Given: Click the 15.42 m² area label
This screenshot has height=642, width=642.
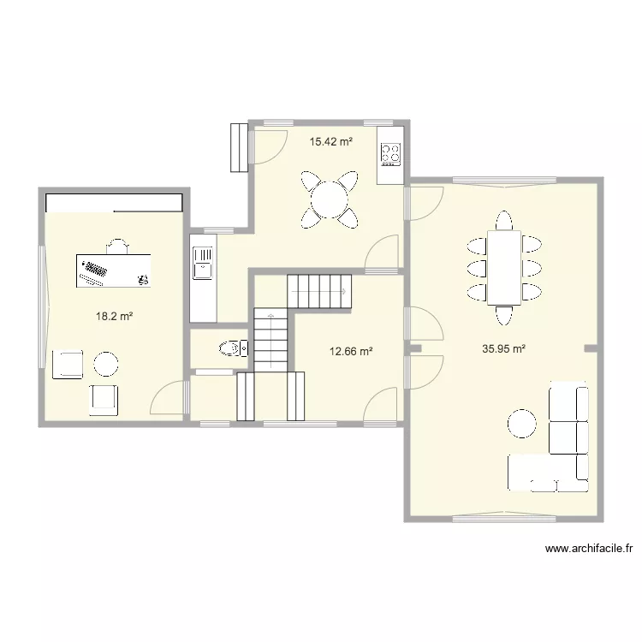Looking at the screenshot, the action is click(331, 141).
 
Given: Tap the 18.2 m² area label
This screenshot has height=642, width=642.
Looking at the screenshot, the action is click(114, 316).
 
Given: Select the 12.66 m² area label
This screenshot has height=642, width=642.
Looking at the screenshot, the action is click(351, 351).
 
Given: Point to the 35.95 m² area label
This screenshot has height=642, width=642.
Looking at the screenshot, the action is click(503, 349).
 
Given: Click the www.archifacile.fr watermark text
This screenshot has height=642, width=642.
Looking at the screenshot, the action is click(589, 549).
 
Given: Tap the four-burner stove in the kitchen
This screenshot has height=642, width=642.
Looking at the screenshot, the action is click(390, 154).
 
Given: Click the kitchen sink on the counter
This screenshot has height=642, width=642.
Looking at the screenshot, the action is click(203, 263).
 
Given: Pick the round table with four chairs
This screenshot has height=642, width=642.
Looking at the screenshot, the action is click(330, 199).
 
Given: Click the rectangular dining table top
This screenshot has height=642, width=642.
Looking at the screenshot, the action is click(504, 268).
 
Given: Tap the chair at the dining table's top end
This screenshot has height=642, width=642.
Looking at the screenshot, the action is click(504, 221).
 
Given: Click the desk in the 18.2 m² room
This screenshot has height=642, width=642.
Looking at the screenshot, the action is click(113, 270).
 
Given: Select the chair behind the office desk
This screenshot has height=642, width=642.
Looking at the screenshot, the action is click(117, 246).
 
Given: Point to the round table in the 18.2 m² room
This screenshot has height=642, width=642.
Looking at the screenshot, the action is click(106, 364).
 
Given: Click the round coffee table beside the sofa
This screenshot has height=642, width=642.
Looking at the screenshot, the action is click(521, 424).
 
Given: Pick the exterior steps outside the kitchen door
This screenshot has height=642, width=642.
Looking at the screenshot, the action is click(239, 148).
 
